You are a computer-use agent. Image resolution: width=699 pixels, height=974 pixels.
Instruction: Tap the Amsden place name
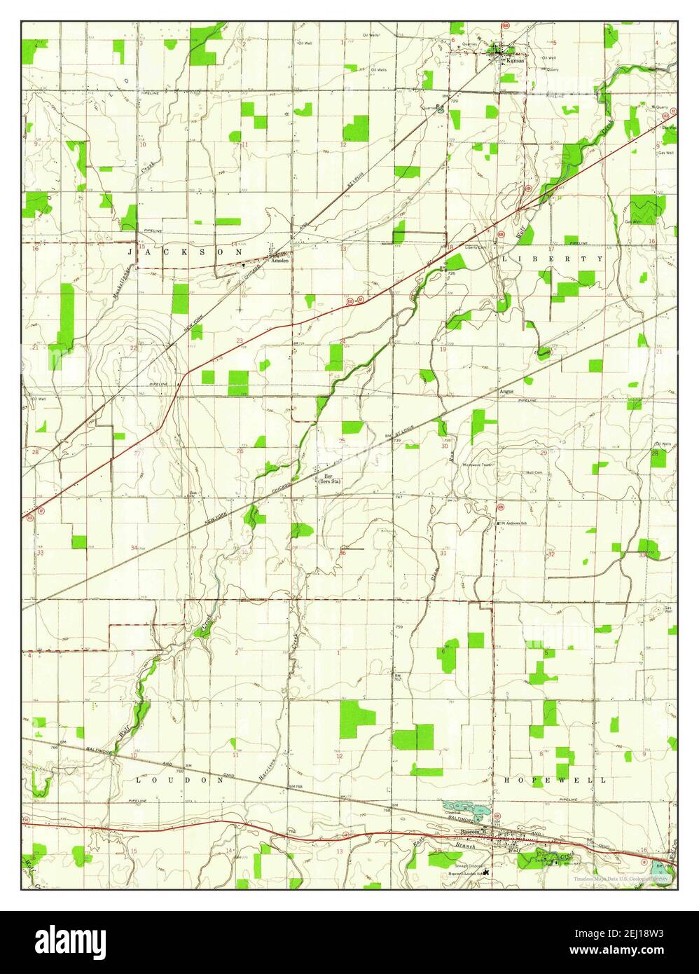(279, 260)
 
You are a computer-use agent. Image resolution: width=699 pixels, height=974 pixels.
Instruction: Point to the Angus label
(506, 392)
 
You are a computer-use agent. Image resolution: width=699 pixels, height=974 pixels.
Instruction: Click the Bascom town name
(469, 832)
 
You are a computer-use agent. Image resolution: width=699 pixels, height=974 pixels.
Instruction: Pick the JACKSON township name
(186, 251)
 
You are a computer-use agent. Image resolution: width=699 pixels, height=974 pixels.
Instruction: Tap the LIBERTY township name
(552, 259)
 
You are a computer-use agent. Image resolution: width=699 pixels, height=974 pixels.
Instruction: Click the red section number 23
(240, 341)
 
